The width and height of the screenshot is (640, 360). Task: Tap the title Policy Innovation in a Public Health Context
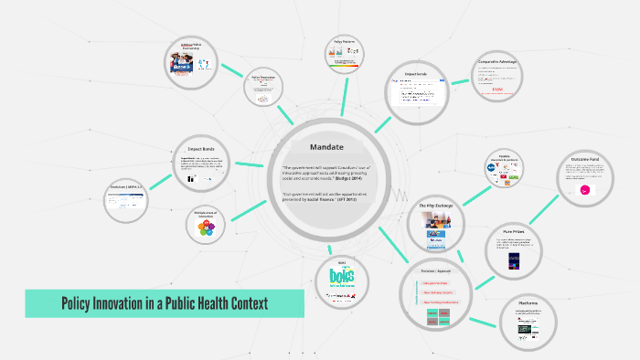coord(165,303)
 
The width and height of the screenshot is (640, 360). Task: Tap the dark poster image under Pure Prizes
coord(517,261)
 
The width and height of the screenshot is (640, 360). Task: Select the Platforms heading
coord(528,303)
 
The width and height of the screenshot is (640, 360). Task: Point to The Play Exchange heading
coord(436,206)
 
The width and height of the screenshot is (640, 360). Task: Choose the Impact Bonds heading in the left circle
coord(201,148)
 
